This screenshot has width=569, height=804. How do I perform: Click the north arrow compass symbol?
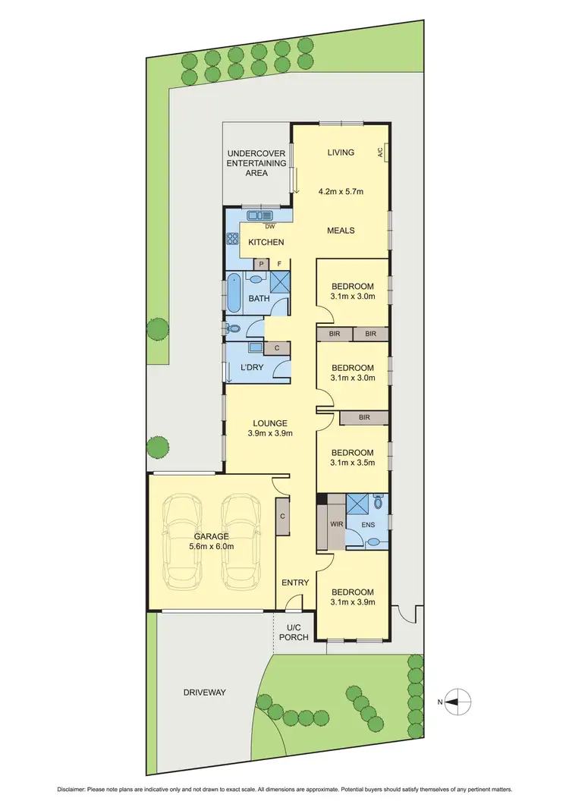458,702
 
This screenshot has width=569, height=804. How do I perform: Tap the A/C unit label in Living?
381,152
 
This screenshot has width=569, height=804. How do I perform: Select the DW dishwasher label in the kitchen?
270,225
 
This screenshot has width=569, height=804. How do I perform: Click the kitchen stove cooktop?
232,239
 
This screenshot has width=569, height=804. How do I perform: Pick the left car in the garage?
181,541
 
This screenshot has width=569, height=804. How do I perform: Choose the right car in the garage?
239,541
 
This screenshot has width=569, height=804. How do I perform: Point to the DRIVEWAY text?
205,693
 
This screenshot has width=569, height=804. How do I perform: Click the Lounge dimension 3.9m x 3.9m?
270,434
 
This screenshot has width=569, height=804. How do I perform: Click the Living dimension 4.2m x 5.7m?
341,191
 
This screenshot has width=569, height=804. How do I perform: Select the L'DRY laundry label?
251,368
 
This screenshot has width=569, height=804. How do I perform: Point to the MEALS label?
341,231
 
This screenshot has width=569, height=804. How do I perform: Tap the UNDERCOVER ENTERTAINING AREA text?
256,163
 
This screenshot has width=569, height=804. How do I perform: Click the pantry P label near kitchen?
262,263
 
